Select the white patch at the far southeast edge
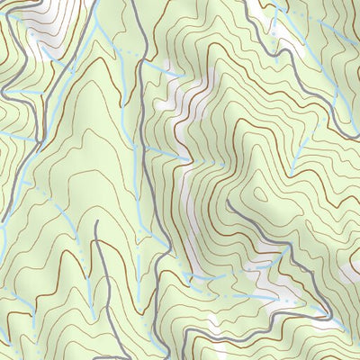pyautogui.click(x=346, y=319)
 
